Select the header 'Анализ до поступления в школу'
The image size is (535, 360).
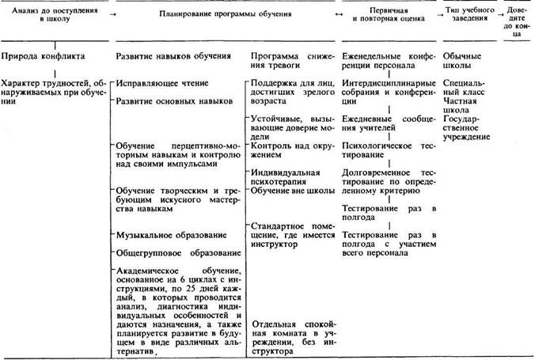(x=50, y=16)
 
